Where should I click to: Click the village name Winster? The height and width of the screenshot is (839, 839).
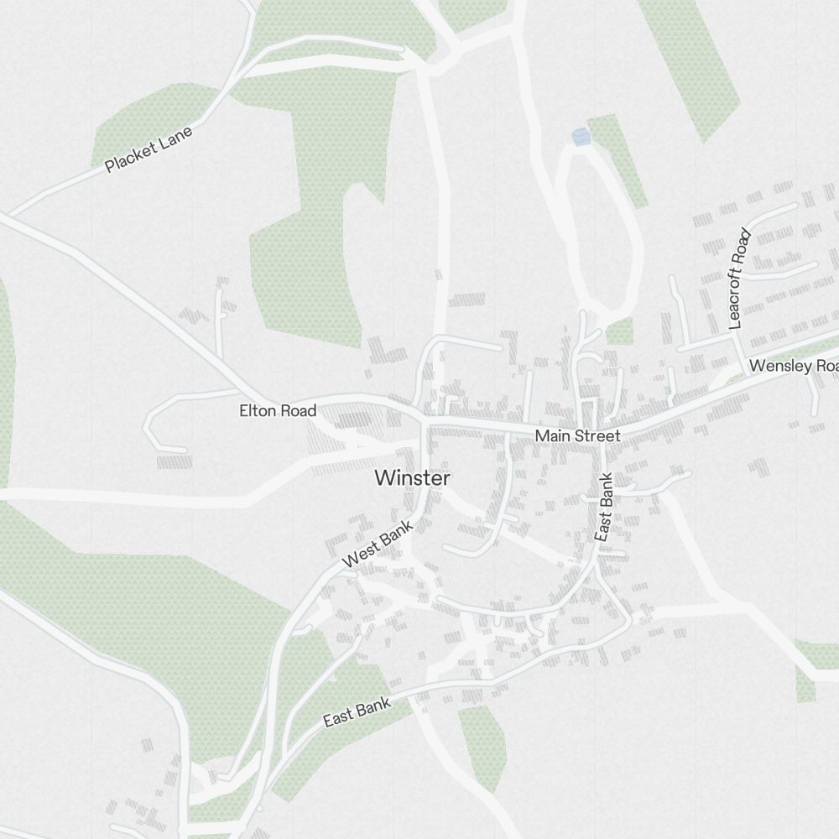[412, 478]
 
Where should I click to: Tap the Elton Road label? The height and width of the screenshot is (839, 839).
[278, 410]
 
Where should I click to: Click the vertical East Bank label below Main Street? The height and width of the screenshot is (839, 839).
[604, 507]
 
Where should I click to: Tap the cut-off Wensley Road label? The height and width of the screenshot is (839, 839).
[793, 366]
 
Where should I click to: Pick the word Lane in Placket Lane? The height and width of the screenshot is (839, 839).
[176, 137]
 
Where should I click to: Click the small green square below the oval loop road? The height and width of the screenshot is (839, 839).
[619, 331]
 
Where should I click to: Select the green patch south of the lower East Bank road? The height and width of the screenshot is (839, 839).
[482, 743]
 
